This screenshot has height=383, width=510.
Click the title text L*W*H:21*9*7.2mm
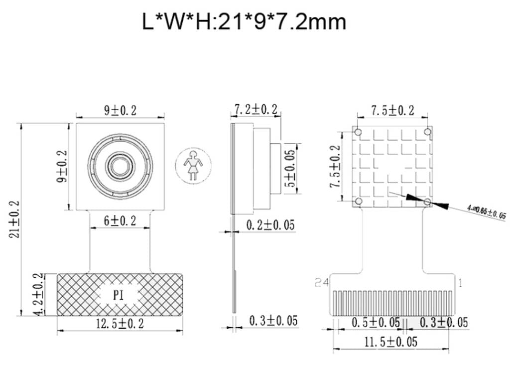244,22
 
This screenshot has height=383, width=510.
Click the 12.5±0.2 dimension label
120,324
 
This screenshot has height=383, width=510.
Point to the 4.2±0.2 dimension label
36,294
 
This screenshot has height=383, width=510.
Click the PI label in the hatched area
118,295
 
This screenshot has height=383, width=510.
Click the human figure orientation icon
193,165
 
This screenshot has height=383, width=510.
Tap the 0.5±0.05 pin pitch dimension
376,323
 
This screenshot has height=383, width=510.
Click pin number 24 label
322,283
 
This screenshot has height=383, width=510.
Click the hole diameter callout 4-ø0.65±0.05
486,213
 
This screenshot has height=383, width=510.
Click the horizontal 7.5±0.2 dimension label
392,111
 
